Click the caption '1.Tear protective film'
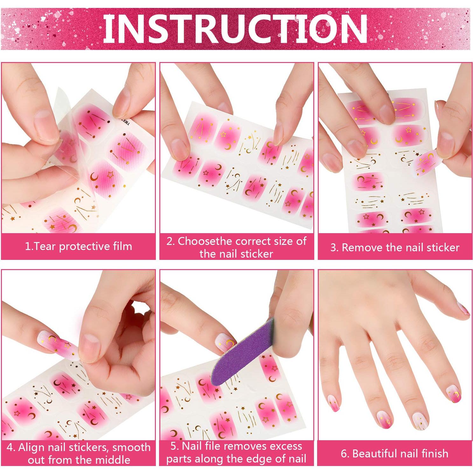(78, 247)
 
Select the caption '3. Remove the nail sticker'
(395, 247)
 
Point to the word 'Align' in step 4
(31, 447)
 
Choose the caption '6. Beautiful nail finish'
(394, 453)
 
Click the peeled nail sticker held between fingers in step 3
(426, 162)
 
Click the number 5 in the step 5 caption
(173, 446)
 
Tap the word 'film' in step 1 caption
(122, 247)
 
